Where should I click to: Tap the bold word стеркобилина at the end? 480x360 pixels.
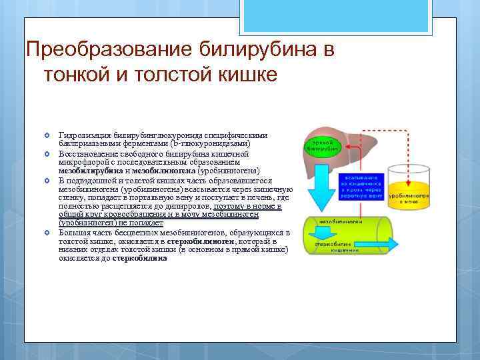140,258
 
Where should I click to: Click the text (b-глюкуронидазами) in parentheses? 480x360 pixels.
209,143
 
